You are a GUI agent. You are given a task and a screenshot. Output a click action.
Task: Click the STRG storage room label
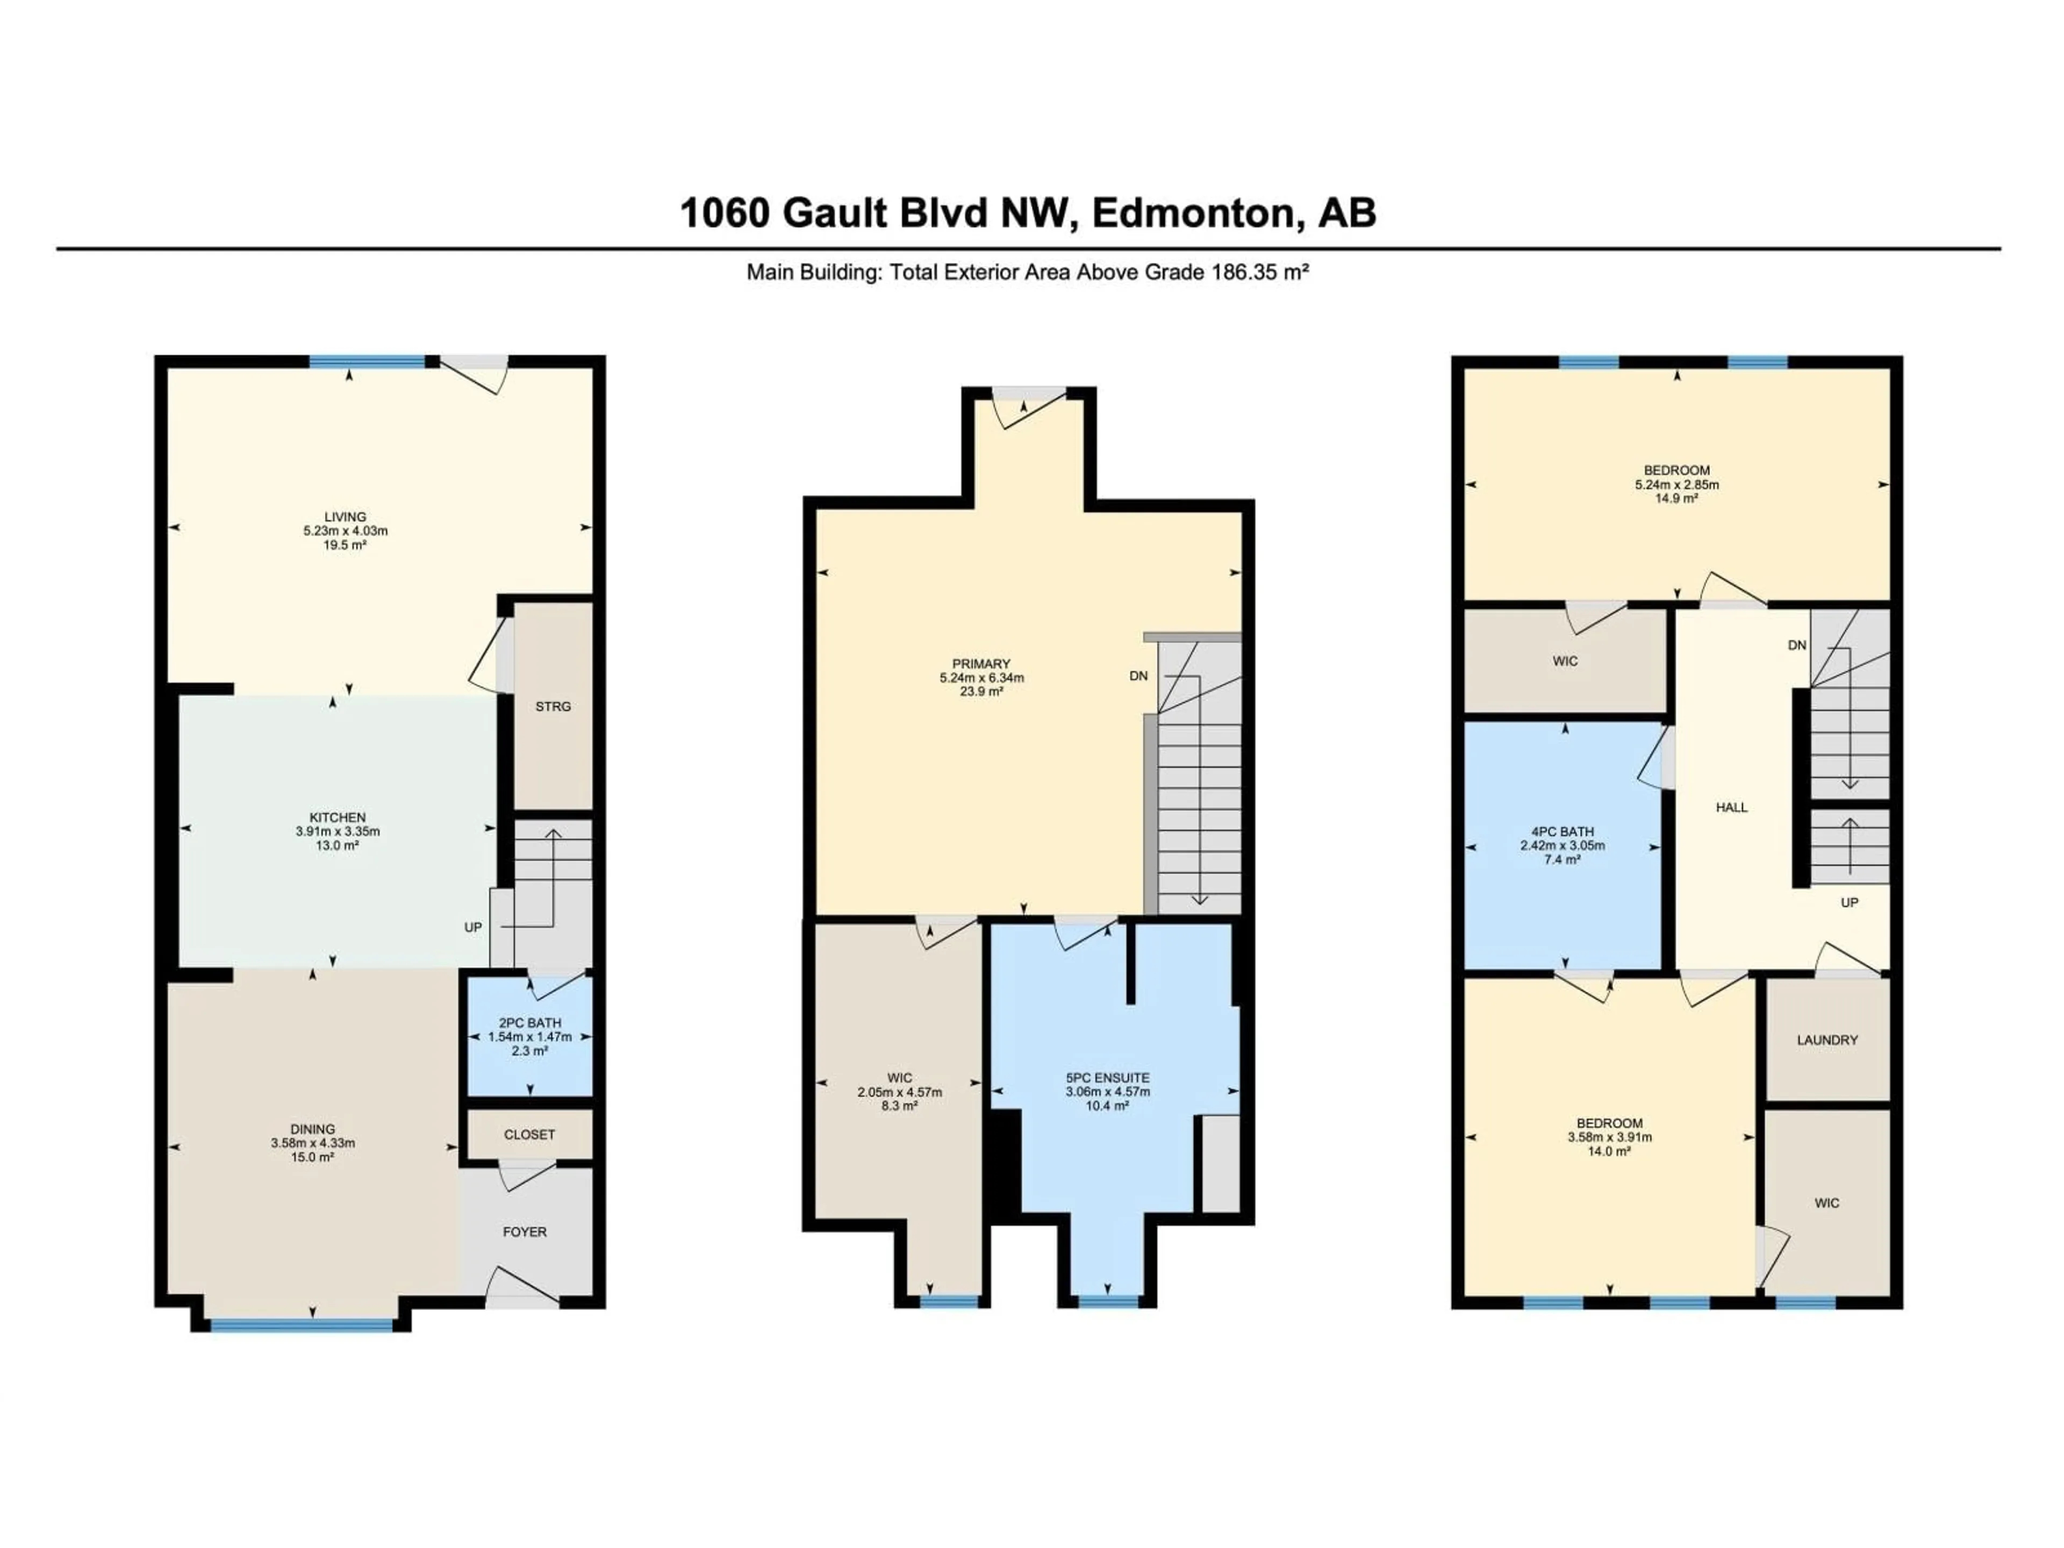(553, 706)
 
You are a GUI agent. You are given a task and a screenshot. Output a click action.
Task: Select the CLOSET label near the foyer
(529, 1135)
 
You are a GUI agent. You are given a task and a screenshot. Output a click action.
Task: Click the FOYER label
(525, 1232)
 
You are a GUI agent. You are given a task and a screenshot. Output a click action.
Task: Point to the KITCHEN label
(338, 818)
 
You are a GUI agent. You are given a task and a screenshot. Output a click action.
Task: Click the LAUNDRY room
(1827, 1040)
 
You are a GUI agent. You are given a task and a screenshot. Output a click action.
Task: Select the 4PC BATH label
(1563, 832)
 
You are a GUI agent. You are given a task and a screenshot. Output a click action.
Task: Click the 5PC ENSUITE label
(1108, 1078)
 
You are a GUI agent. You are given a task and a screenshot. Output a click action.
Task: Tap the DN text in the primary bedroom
(1138, 676)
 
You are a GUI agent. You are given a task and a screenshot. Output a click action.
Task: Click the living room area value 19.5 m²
(345, 545)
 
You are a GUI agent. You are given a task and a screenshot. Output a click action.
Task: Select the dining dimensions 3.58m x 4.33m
(313, 1143)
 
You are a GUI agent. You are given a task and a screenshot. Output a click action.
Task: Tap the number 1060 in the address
(724, 214)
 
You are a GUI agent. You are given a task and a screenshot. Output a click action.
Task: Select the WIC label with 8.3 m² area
(899, 1078)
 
